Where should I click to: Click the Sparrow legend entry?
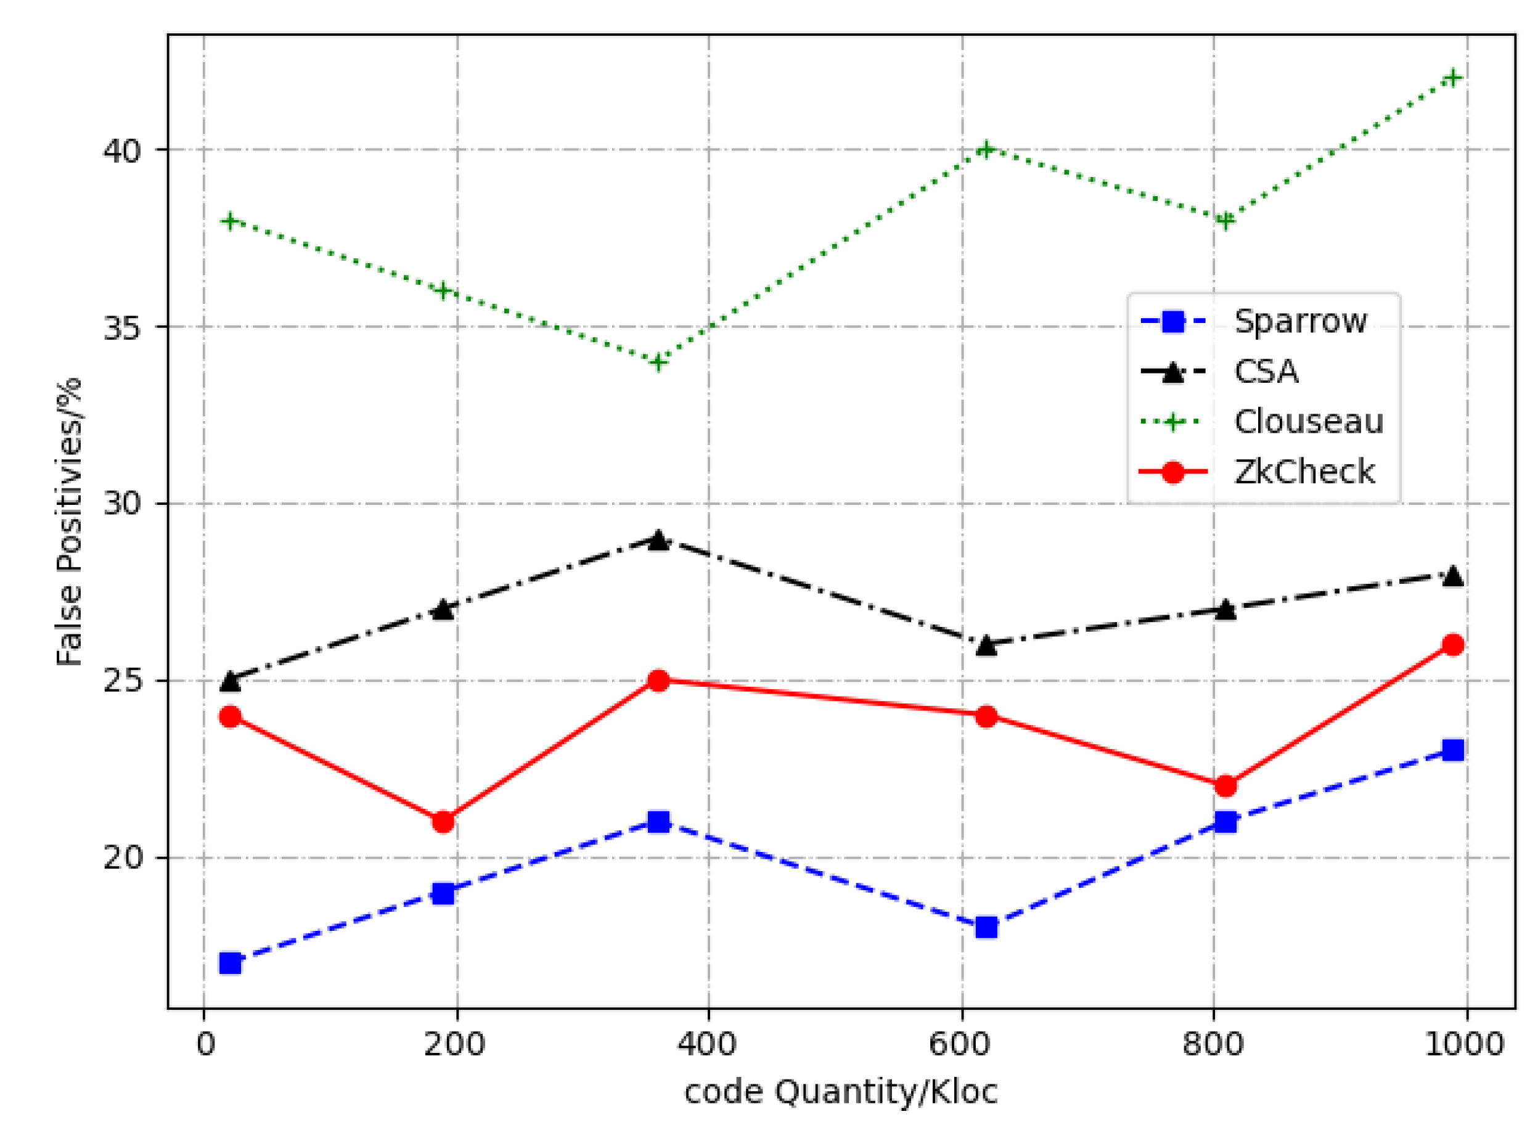coord(1299,321)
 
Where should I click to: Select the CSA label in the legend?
coord(1266,372)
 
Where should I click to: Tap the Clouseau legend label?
coord(1308,422)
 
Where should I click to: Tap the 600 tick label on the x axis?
coord(962,1044)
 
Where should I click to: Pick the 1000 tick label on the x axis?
coord(1465,1044)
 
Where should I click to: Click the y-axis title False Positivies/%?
coord(69,522)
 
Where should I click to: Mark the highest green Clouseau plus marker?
coord(1452,78)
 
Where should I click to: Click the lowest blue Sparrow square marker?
coord(230,963)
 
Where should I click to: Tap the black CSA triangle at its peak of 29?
coord(657,541)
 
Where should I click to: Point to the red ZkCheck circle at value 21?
coord(443,822)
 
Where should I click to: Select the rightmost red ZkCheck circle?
coord(1452,645)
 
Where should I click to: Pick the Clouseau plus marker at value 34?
coord(657,362)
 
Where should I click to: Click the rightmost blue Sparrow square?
coord(1452,750)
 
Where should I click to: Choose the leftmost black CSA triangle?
coord(230,681)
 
